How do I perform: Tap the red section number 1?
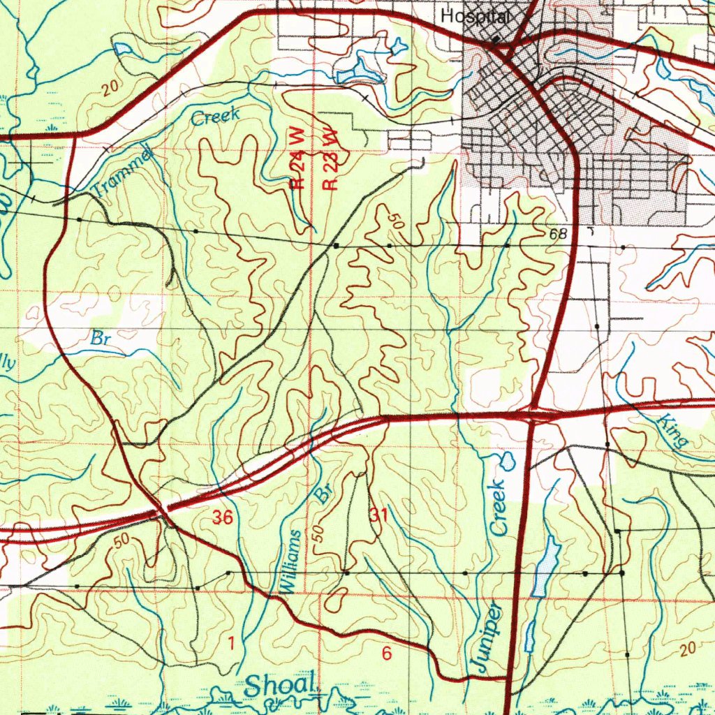[x=231, y=643]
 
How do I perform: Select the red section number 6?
[x=386, y=654]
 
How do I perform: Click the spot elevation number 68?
[x=558, y=234]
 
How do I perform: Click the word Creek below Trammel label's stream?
[x=215, y=116]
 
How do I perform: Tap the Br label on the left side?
[x=102, y=339]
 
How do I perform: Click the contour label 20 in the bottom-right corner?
[x=687, y=649]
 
